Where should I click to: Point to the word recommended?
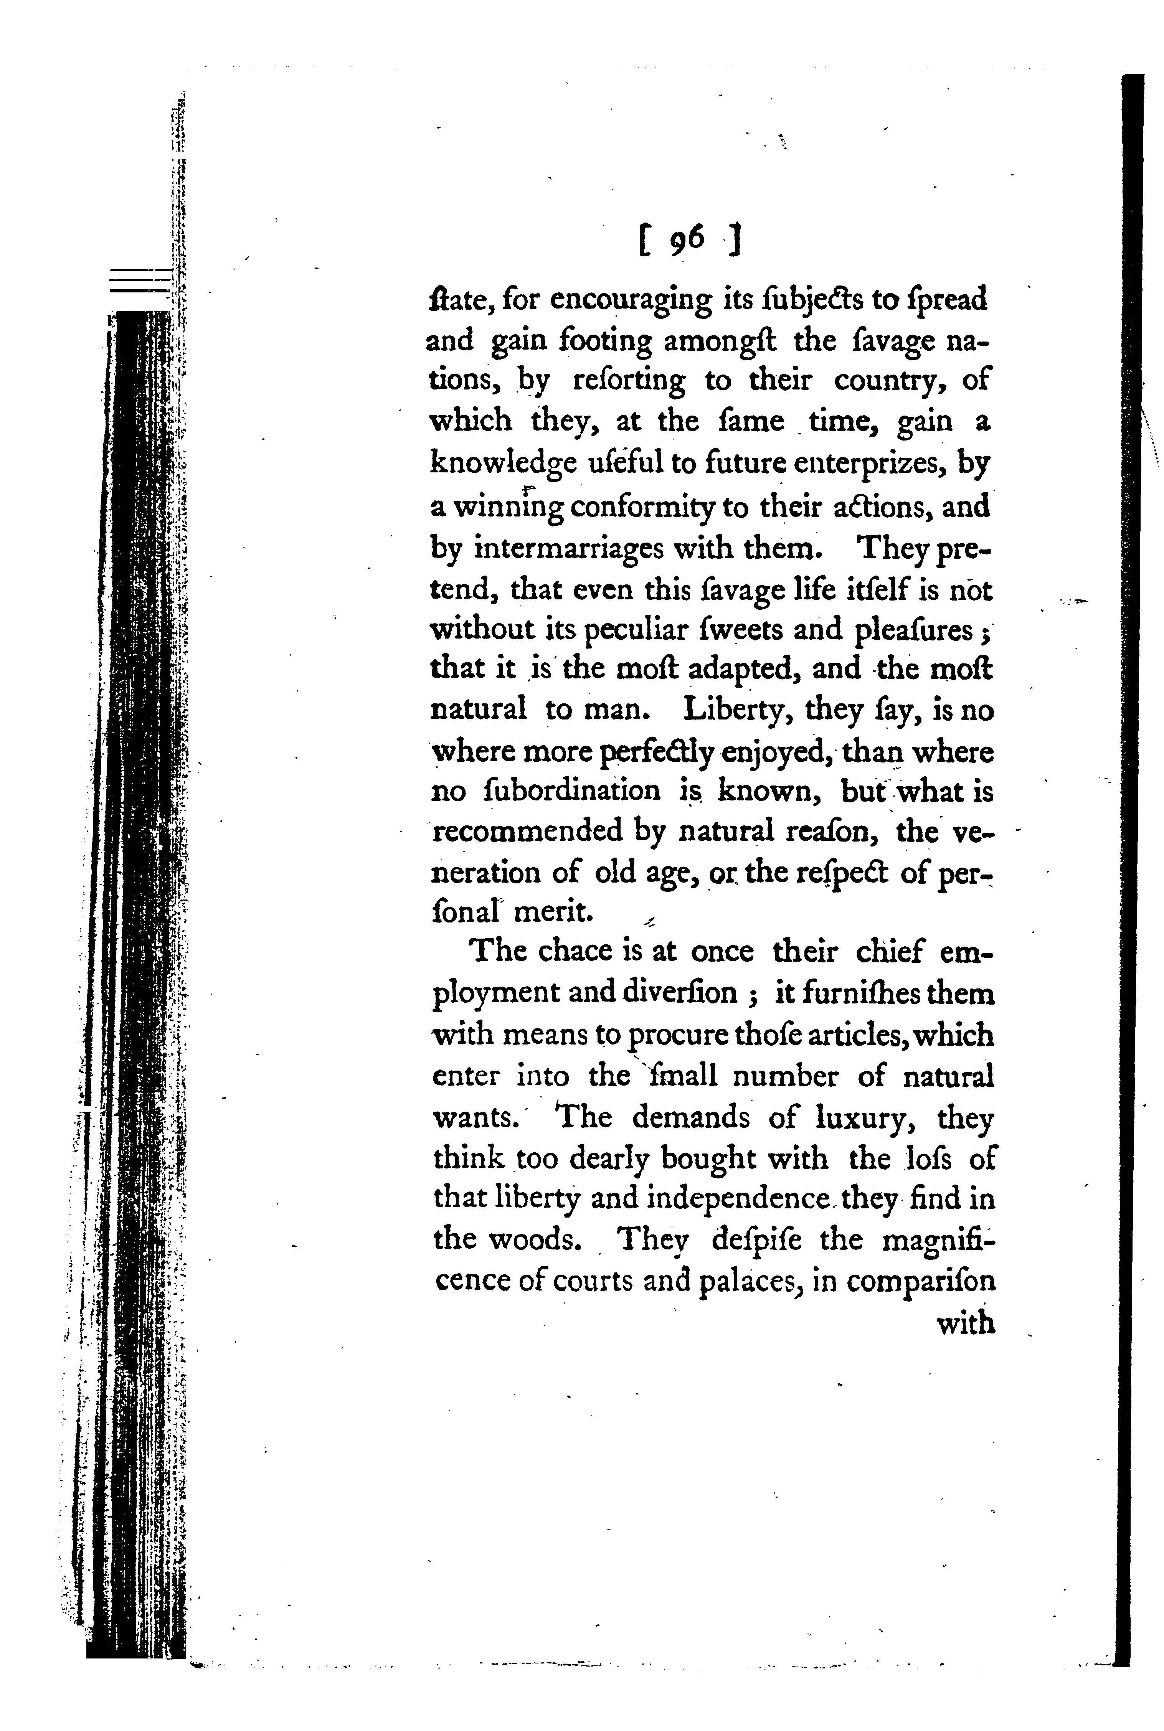(528, 832)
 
